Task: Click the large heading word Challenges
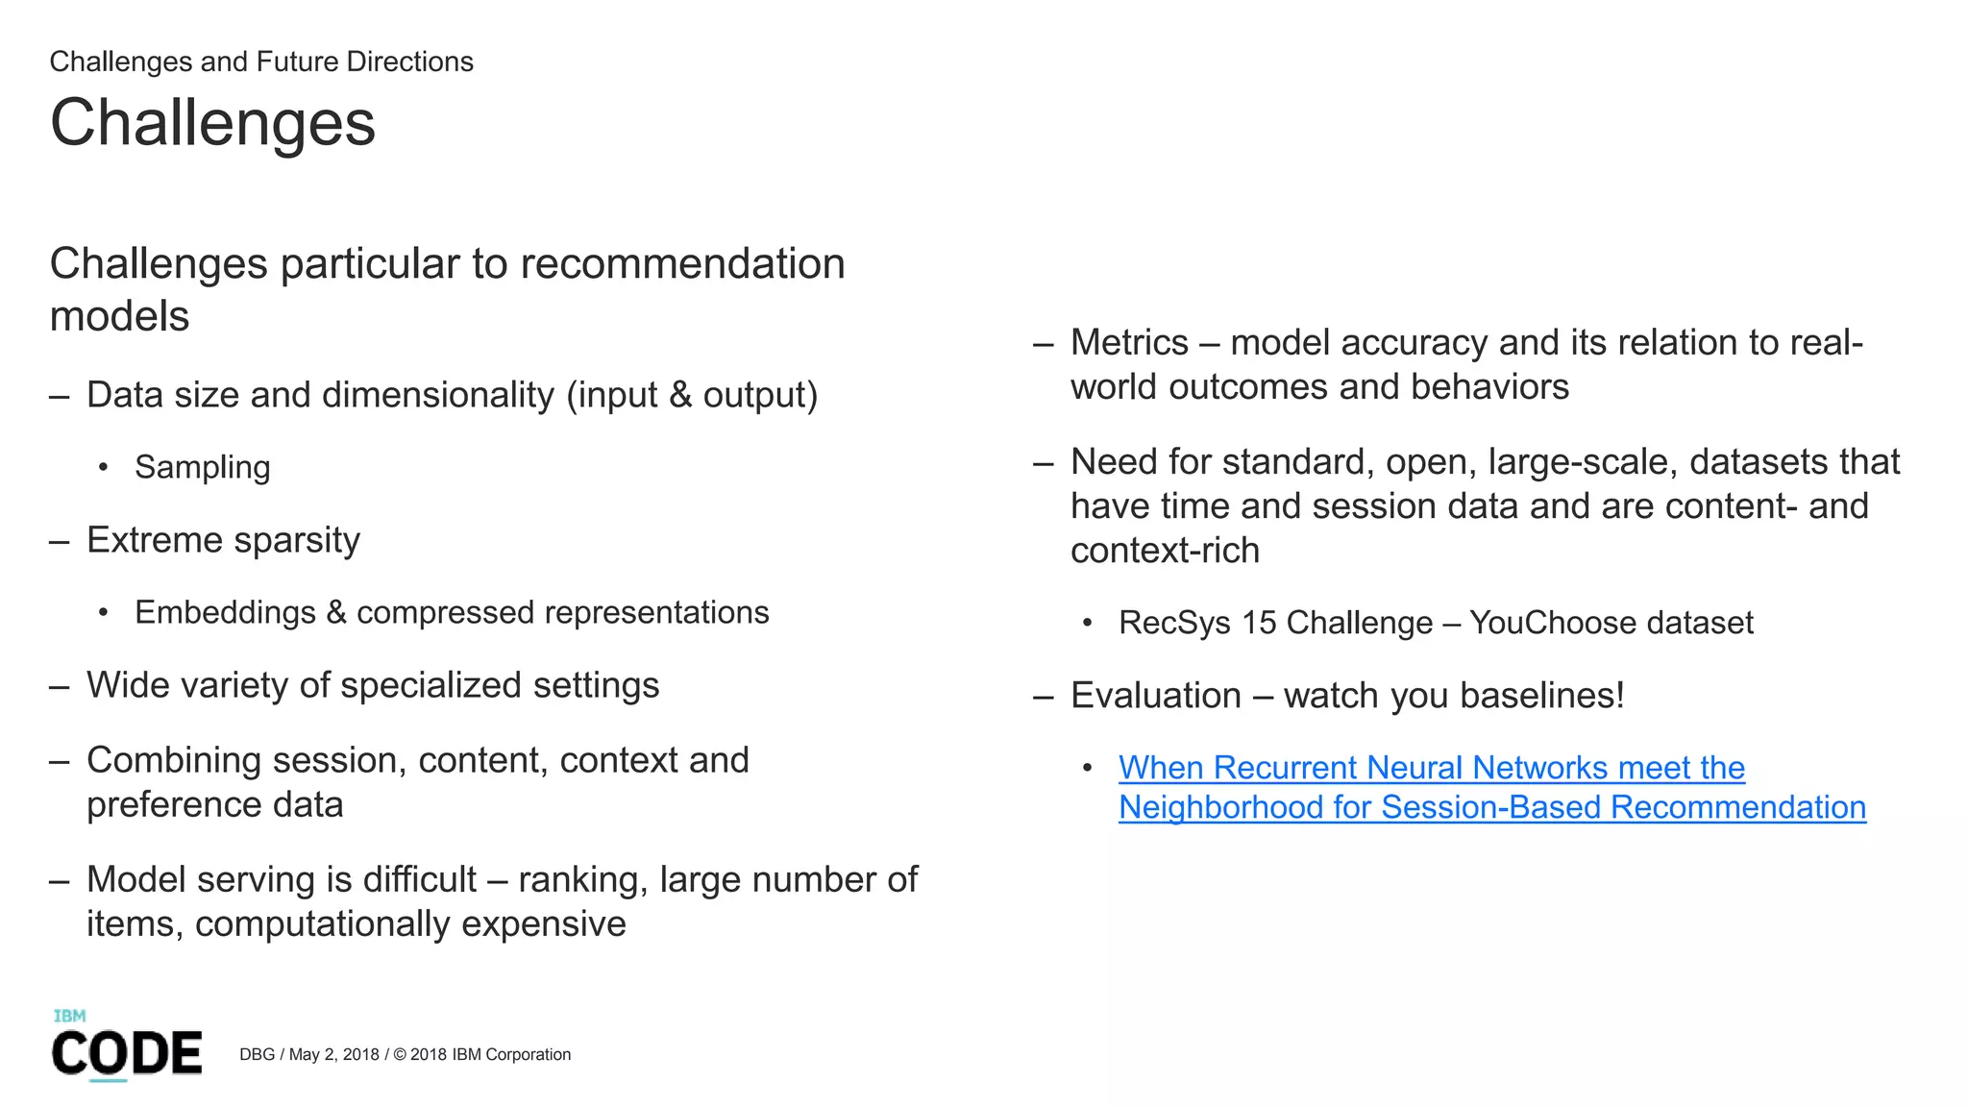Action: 212,124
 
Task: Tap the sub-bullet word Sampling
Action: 202,467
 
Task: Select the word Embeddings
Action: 225,612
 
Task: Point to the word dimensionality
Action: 438,395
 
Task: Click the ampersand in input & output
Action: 680,395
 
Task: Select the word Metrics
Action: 1129,343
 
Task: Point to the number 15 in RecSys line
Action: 1258,623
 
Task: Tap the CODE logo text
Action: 127,1053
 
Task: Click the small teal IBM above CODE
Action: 69,1016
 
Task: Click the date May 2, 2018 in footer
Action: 333,1054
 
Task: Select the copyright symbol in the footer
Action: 400,1054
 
